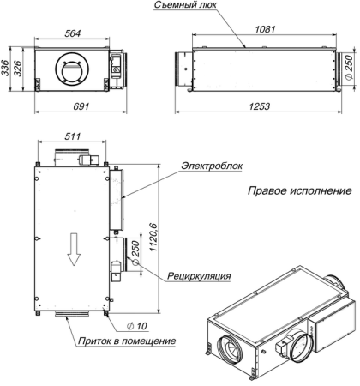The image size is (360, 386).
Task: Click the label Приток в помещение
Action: [x=123, y=341]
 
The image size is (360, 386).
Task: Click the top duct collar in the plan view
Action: [x=72, y=156]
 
